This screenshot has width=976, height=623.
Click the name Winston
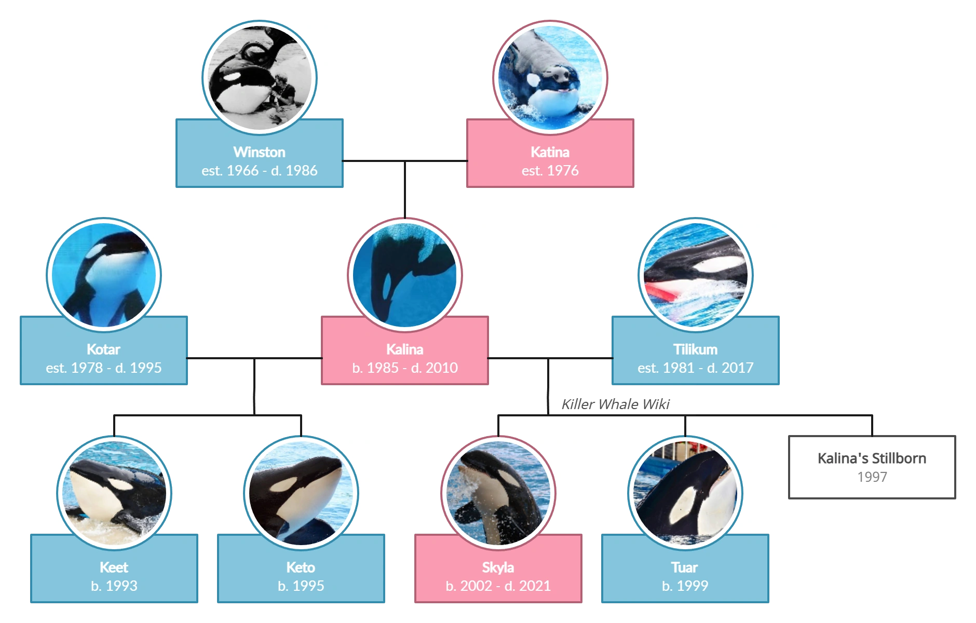[x=259, y=152]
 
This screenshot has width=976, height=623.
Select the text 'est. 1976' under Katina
[x=550, y=171]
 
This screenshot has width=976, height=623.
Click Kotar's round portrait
[x=104, y=275]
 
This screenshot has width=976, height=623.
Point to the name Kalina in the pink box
[x=404, y=349]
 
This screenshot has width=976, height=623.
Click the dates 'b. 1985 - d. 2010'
[x=404, y=368]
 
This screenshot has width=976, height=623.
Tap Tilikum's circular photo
[x=695, y=275]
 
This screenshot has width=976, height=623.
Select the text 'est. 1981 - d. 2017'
[x=695, y=368]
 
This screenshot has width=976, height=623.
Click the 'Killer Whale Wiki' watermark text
[x=615, y=404]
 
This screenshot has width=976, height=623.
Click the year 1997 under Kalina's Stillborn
[x=872, y=477]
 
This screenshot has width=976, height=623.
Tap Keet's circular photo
[x=114, y=493]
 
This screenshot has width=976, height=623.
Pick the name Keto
[x=301, y=567]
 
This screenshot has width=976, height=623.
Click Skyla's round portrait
[x=498, y=493]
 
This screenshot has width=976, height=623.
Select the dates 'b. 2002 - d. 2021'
[x=498, y=586]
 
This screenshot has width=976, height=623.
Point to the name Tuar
[x=684, y=567]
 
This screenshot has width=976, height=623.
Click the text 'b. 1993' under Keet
[x=114, y=586]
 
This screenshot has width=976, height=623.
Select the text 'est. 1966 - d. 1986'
[x=259, y=171]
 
